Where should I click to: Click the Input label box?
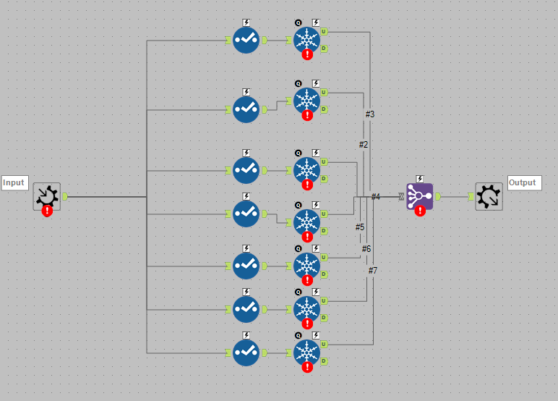coord(14,182)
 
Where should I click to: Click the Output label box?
coord(524,182)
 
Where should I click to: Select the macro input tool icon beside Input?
coord(47,195)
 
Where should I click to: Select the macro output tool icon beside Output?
coord(489,196)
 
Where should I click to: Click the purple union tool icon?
coord(419,195)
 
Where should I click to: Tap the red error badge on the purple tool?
coord(420,211)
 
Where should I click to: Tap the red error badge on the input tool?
coord(47,211)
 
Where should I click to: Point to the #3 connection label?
coord(369,114)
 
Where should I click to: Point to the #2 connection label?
coord(364,144)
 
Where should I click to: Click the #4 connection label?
coord(375,196)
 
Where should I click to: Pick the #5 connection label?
coord(360,227)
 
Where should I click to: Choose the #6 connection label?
coord(366,249)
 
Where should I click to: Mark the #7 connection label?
coord(372,271)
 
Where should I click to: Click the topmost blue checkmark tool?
coord(246,40)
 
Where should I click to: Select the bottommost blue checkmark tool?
coord(246,353)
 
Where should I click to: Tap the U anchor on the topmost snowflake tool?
coord(324,32)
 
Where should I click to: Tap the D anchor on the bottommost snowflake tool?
coord(324,361)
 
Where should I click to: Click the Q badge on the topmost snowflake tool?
coord(298,22)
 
